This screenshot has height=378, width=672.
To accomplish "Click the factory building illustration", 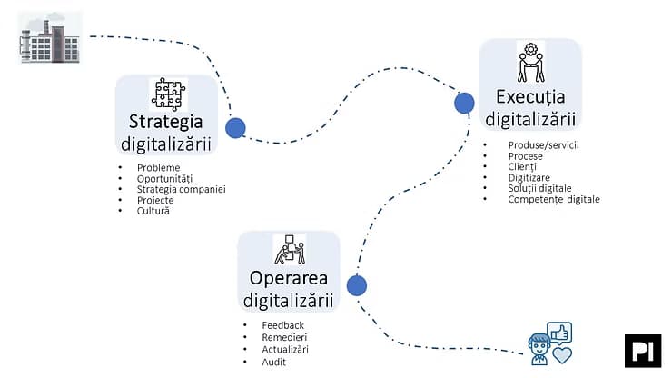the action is [x=50, y=38].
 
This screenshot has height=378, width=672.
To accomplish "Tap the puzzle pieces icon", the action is [x=168, y=94].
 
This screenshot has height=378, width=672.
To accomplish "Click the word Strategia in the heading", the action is [x=166, y=122].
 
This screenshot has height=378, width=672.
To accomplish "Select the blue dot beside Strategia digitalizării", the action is [x=235, y=128].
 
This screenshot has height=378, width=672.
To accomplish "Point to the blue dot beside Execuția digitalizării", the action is [x=464, y=103].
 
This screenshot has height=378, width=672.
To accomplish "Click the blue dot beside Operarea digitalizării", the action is [x=357, y=285].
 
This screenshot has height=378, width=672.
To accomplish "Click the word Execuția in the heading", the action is [x=530, y=97].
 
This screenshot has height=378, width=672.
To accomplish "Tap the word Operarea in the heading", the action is [x=289, y=278].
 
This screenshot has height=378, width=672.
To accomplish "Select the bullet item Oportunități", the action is [x=164, y=178].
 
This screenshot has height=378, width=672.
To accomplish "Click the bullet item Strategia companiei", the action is [x=182, y=189].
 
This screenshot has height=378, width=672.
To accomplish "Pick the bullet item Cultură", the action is [x=153, y=211].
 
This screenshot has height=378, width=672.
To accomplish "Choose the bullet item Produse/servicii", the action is [x=543, y=145].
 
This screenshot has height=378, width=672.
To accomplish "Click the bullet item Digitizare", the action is [x=529, y=177].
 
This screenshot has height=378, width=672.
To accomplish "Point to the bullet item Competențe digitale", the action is [x=554, y=199].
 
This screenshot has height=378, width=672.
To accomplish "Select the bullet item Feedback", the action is [x=282, y=325].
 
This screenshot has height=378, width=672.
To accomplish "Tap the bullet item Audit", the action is [x=274, y=363].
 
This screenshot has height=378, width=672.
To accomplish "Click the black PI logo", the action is [x=643, y=351].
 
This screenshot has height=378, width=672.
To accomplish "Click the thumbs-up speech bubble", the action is [x=559, y=333].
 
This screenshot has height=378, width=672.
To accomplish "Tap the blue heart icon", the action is [x=562, y=355].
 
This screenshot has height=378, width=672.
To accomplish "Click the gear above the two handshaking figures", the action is [x=531, y=49].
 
